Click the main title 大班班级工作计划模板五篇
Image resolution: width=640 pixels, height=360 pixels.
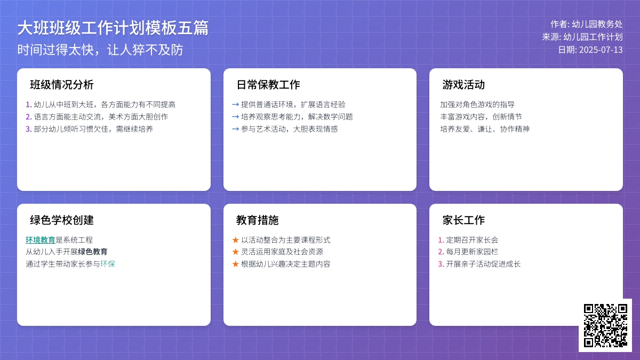[x=113, y=28]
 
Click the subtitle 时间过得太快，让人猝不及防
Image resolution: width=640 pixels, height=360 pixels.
[x=100, y=50]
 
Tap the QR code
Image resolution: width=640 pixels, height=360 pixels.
[x=605, y=325]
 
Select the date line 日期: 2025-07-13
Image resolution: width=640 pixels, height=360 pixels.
[x=590, y=50]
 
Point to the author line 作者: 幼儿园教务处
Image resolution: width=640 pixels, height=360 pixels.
[x=587, y=24]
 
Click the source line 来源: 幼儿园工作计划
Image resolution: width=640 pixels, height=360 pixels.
[x=582, y=37]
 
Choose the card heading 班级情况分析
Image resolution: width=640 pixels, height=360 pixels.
[x=62, y=85]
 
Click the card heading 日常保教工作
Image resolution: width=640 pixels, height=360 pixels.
[x=268, y=85]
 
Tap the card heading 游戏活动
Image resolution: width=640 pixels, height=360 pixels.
[x=463, y=85]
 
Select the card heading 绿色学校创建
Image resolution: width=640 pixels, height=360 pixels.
[x=62, y=220]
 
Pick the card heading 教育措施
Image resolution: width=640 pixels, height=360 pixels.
[x=258, y=220]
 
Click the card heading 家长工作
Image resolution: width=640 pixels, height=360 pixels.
[x=463, y=220]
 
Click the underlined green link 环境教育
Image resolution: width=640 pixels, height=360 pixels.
[x=41, y=240]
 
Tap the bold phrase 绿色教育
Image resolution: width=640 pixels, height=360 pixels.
[x=93, y=252]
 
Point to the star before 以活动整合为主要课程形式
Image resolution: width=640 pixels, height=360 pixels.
[x=235, y=240]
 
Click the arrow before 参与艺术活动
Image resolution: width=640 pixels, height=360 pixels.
[x=235, y=129]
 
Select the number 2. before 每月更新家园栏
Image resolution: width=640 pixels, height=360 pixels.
[x=441, y=252]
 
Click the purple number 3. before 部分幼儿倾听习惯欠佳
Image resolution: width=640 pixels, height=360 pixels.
[x=29, y=129]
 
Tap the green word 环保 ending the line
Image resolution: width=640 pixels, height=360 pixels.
[x=108, y=263]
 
